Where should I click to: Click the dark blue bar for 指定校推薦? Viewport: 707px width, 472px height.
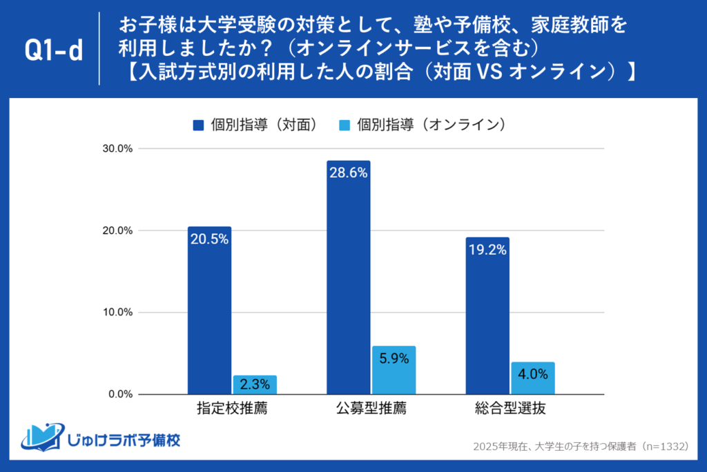click(209, 311)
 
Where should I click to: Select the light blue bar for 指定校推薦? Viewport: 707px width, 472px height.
click(255, 385)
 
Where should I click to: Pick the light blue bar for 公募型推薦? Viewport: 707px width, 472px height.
click(394, 371)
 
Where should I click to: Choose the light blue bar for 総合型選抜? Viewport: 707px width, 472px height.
click(533, 378)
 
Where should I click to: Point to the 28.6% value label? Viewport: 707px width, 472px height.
click(349, 173)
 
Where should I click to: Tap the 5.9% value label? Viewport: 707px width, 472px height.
click(394, 358)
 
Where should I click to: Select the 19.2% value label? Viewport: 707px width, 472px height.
click(487, 250)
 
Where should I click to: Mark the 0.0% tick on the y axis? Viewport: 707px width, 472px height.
click(122, 394)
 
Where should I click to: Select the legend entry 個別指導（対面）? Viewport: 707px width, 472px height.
click(255, 124)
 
